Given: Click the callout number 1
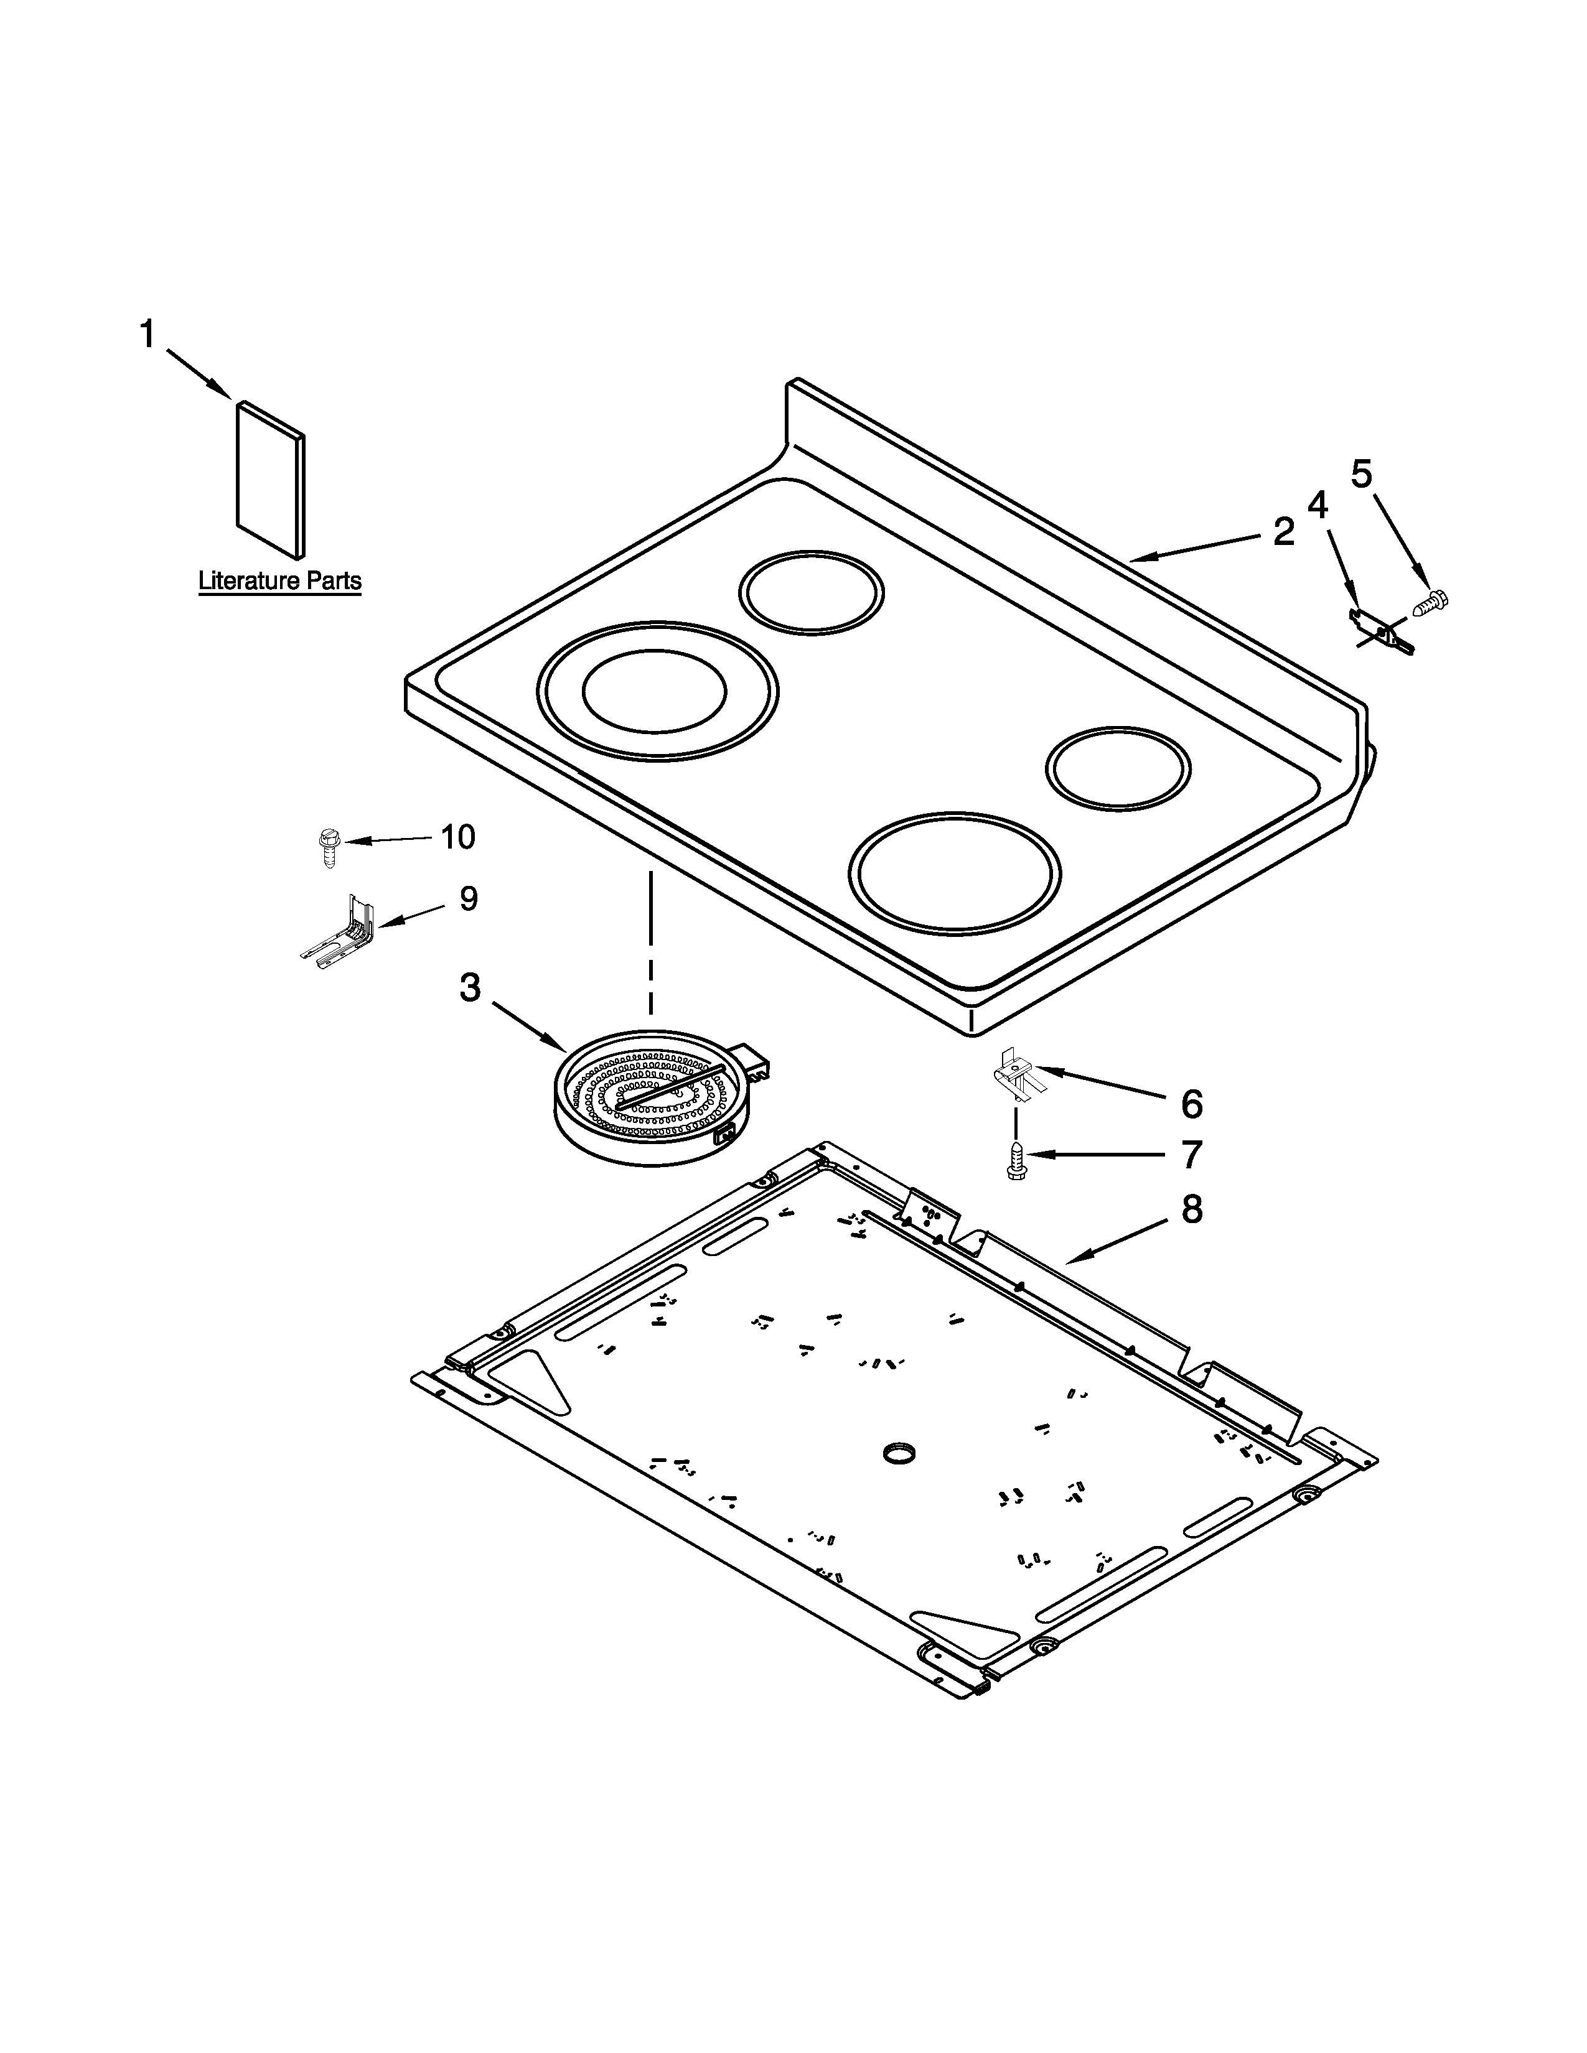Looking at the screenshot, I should click(147, 333).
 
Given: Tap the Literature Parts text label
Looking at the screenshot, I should click(279, 581).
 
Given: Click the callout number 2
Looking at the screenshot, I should click(1283, 533).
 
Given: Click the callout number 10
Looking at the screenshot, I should click(458, 836).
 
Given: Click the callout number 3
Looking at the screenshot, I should click(470, 987).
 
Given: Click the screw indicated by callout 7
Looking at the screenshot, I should click(1016, 1160).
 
